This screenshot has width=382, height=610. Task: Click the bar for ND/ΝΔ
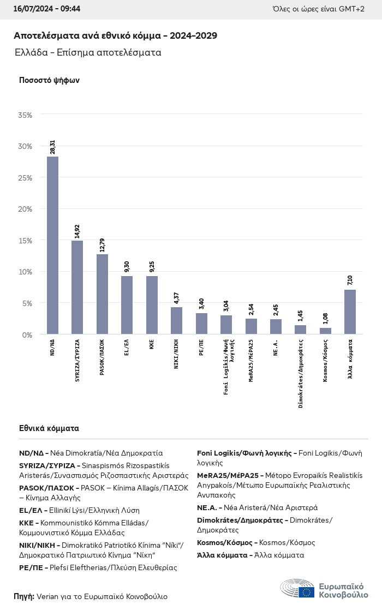point(52,245)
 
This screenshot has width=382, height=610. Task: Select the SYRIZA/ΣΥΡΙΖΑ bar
point(77,287)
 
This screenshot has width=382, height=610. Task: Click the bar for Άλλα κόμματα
point(350,312)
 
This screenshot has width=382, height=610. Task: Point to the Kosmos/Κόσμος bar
point(325,331)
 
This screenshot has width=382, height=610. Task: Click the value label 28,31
point(53,147)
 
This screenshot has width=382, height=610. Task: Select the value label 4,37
point(176,298)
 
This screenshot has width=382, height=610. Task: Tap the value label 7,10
point(350,280)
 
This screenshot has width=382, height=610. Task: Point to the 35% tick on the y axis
point(25,115)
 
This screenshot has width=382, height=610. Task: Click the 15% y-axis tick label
point(25,241)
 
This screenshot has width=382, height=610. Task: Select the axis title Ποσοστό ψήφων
point(49,80)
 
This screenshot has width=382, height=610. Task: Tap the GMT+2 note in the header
point(352,9)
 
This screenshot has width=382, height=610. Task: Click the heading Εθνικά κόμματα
point(49,428)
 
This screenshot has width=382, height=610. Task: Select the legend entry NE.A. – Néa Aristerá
point(257,507)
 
